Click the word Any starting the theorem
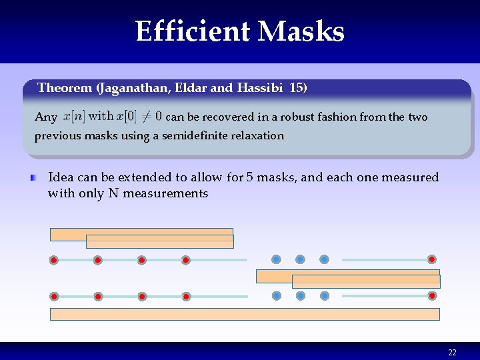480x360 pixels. pos(45,117)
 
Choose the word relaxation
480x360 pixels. pos(257,136)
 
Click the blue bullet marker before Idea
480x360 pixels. pos(33,178)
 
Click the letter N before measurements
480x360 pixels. pos(113,194)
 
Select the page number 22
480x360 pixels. pos(452,353)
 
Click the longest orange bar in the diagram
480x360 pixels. pos(245,314)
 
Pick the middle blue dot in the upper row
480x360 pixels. pos(300,259)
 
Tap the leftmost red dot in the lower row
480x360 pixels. pos(54,296)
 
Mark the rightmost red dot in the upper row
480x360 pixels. pos(432,259)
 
